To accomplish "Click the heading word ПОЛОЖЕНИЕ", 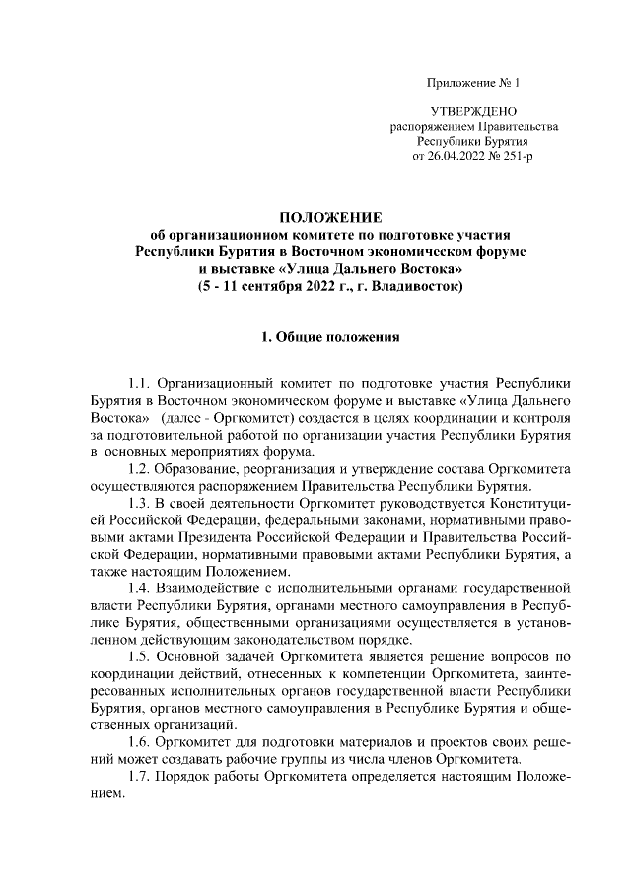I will (x=329, y=217).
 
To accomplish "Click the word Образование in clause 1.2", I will (x=205, y=467).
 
